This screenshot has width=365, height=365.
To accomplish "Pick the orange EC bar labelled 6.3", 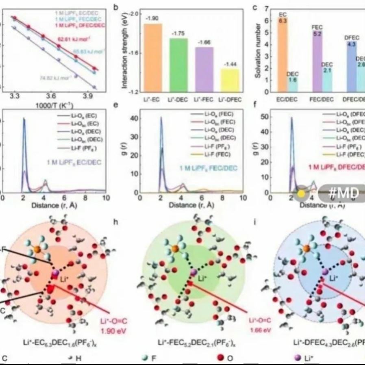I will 283,55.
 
